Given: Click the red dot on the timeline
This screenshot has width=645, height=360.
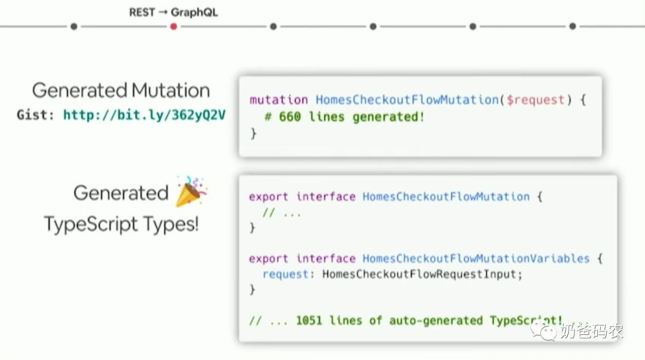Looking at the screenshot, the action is (173, 26).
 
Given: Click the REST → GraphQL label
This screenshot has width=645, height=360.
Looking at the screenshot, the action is (173, 12).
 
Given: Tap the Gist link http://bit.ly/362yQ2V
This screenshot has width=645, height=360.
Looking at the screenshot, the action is (145, 115).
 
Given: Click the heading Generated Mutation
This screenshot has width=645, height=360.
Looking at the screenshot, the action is (121, 90).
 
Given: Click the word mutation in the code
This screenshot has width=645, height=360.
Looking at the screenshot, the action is (278, 100).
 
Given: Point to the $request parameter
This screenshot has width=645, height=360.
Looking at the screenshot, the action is (533, 100).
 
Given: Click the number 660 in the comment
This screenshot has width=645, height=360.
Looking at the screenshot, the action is (290, 117).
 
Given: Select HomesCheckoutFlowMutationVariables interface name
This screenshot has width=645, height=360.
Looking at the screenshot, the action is (476, 259).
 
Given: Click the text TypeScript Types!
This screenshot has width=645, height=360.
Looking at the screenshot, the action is (121, 224).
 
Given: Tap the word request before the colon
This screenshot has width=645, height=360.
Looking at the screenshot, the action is (285, 274).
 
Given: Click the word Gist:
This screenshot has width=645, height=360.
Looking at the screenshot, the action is (36, 115).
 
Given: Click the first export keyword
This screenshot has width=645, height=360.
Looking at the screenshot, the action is (269, 196).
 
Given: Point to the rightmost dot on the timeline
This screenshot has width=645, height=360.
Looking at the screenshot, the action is (572, 26).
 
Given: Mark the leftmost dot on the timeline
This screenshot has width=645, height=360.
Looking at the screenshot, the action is (73, 26).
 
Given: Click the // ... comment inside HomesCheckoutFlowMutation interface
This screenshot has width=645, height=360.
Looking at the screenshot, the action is (282, 212).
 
